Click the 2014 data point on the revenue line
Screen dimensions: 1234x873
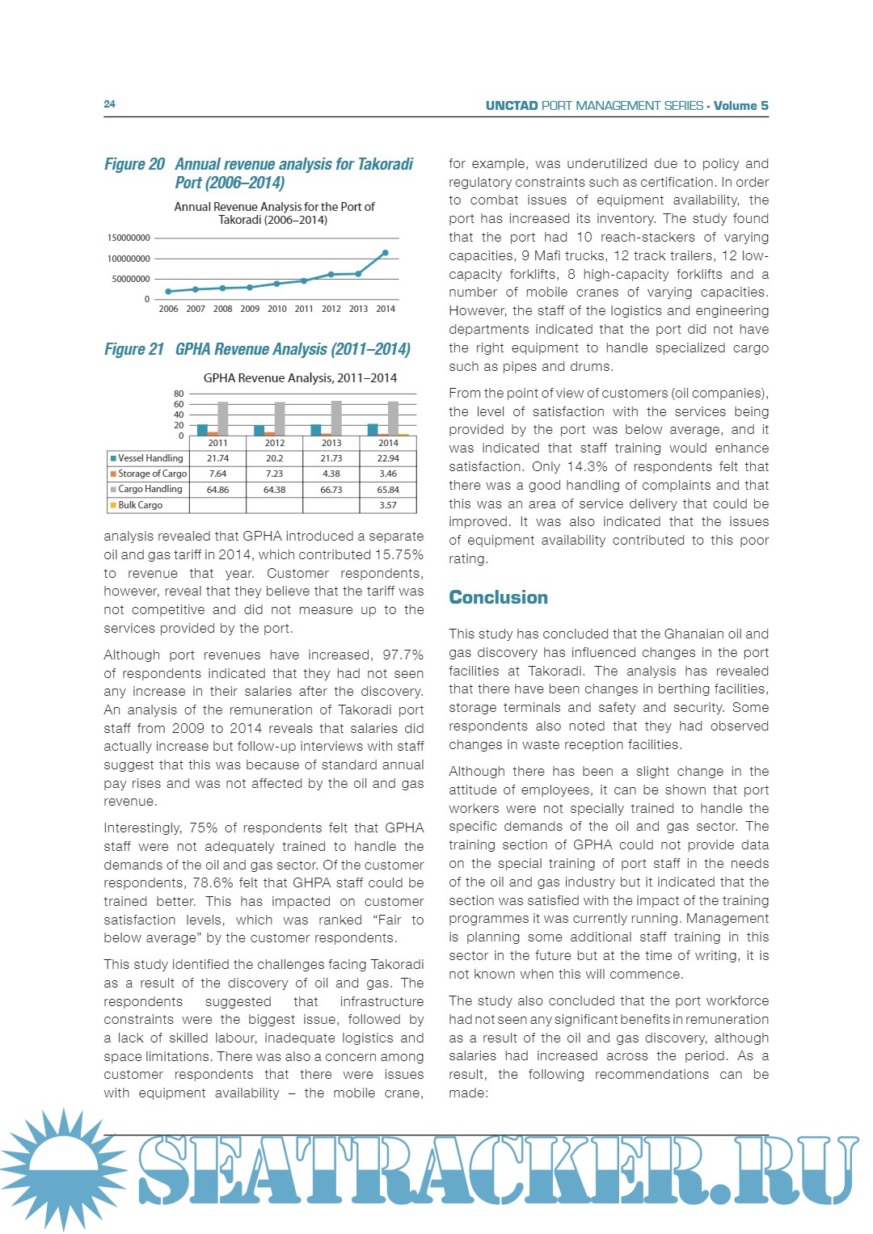point(385,253)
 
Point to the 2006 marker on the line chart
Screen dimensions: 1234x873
point(168,292)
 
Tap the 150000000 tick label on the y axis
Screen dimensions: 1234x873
point(129,238)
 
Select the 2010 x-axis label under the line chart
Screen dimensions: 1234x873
point(276,309)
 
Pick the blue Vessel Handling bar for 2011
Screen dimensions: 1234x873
point(202,430)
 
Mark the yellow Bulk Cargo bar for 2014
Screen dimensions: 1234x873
point(404,435)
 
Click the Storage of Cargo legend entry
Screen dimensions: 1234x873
point(149,474)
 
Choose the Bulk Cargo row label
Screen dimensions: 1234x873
point(140,505)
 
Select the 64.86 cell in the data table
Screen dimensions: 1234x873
point(217,490)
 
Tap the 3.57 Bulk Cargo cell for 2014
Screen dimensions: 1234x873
point(388,505)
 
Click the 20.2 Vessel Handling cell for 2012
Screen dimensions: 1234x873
point(274,458)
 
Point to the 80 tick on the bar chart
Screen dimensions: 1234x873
point(179,394)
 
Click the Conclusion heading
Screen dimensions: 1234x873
point(498,597)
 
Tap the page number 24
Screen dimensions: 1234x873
point(110,104)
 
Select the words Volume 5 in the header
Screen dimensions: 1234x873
point(740,106)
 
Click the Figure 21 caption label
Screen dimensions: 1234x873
point(134,349)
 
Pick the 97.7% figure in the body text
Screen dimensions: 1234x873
point(403,655)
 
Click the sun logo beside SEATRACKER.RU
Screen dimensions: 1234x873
point(62,1169)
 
